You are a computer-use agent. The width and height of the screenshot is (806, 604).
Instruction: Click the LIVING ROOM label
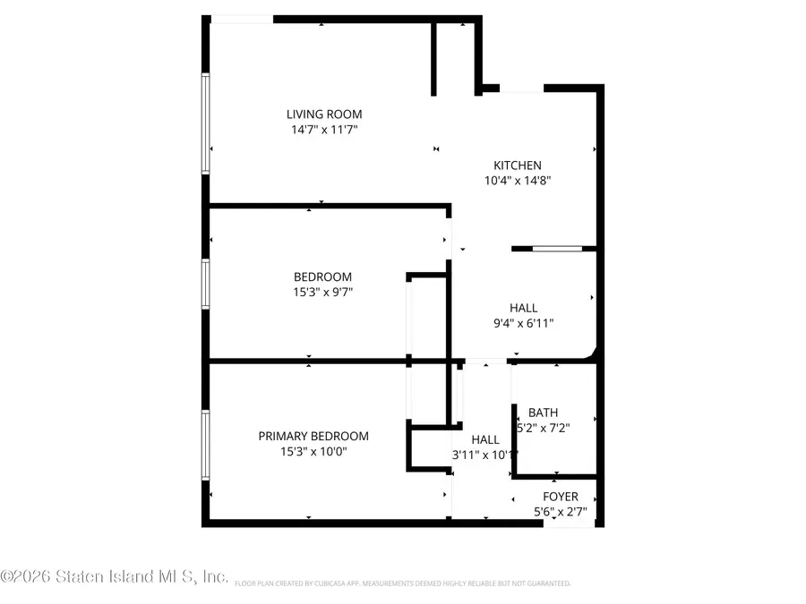(324, 115)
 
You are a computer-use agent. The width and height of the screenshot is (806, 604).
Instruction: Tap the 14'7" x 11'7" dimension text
(324, 130)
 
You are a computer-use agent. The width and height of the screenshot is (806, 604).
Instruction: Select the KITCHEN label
(518, 166)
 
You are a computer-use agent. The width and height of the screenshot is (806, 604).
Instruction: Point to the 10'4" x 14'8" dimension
(518, 180)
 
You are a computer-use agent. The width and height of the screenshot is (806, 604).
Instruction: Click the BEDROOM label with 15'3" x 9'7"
(322, 277)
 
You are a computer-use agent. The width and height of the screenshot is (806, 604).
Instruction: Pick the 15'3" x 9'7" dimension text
(322, 292)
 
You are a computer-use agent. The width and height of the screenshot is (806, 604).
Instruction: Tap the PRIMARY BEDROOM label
(313, 437)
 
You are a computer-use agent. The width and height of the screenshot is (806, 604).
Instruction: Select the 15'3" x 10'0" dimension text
(313, 452)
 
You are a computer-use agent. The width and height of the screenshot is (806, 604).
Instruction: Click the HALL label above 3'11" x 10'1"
(485, 440)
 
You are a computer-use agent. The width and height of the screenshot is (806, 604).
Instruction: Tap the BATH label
(543, 413)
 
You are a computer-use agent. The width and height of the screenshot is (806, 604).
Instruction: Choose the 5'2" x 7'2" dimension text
(543, 428)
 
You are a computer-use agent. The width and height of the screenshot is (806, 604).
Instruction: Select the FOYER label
(561, 497)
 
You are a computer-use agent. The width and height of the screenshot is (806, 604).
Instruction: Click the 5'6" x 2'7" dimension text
(561, 512)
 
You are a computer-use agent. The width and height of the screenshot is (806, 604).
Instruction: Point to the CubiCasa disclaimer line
(402, 583)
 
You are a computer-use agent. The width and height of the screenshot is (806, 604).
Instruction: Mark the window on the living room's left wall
(205, 123)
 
